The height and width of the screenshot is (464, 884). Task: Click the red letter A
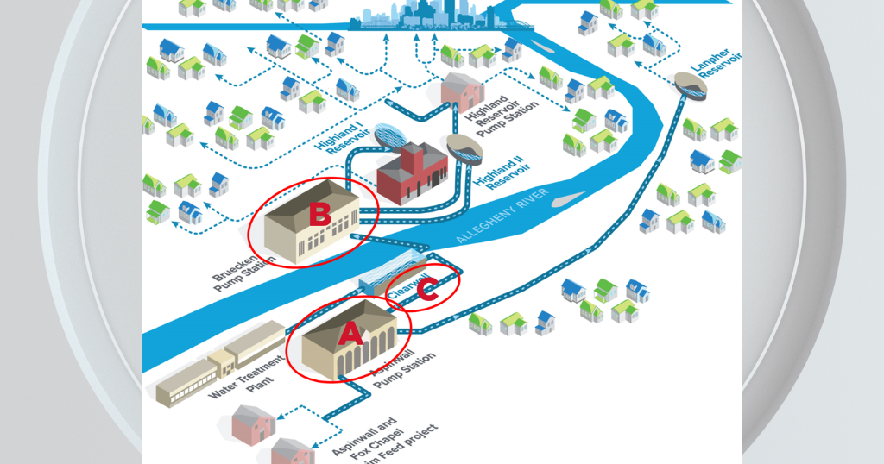coord(350,333)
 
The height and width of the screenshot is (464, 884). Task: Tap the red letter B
coord(319,214)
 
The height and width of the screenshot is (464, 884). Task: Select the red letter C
coord(427,292)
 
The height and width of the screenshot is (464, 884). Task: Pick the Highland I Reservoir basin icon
coord(387,135)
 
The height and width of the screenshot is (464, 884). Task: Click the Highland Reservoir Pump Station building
coord(462,91)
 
